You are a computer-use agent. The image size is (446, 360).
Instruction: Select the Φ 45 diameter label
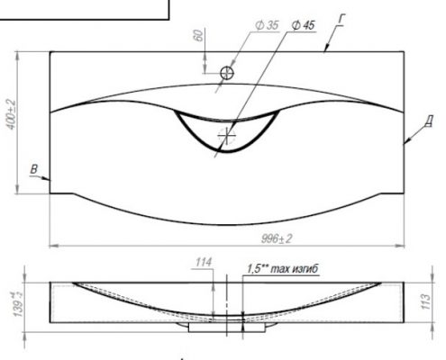303,25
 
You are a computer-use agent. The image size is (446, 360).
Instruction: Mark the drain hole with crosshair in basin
227,137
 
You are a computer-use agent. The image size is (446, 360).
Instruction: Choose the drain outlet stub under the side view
227,328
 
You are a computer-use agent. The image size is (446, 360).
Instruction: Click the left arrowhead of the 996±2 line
51,243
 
